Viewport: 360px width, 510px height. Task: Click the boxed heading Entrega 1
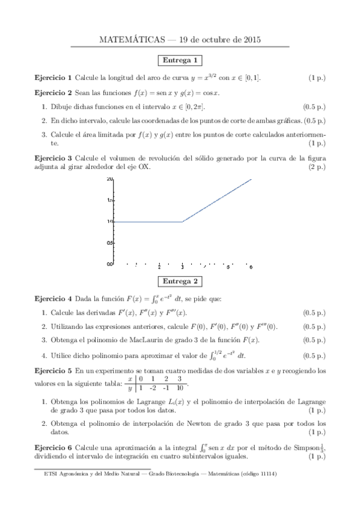[180, 61]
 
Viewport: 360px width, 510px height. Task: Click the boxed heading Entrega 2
[180, 281]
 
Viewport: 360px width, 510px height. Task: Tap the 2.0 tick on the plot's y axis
[109, 179]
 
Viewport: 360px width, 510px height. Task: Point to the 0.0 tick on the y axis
[109, 264]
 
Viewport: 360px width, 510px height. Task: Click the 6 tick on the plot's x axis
[251, 266]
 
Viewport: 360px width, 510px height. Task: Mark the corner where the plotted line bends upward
[182, 222]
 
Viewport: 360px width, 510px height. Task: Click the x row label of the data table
[130, 379]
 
